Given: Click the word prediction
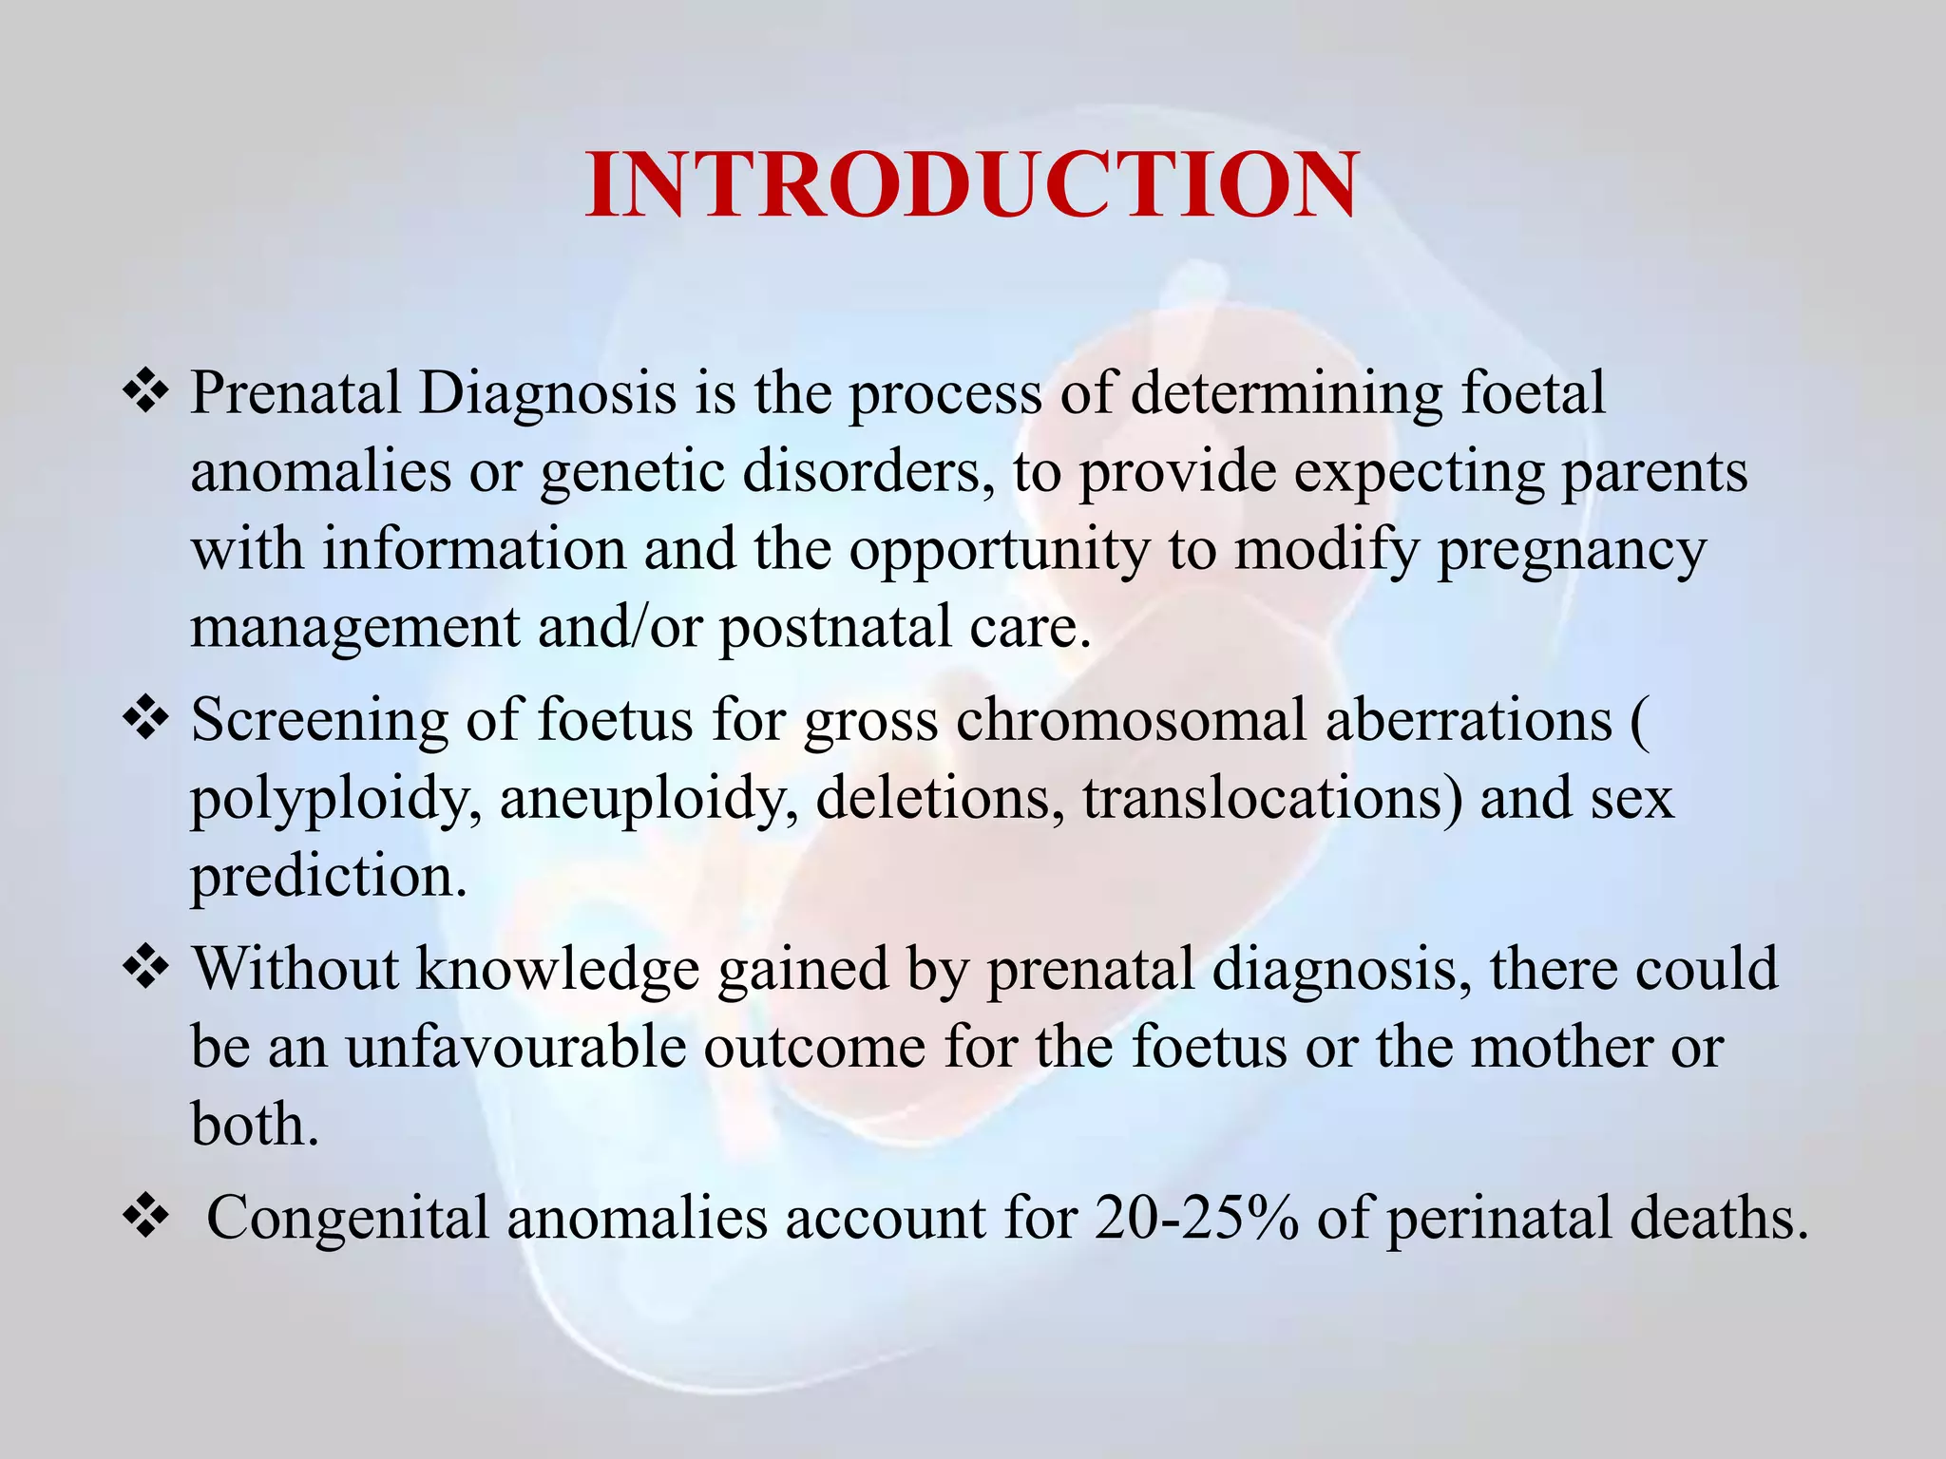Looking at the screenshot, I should tap(329, 877).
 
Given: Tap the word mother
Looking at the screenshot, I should tap(1558, 1048).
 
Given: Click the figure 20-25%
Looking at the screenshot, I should tap(1197, 1219).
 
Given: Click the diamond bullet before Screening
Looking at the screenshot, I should tap(146, 720).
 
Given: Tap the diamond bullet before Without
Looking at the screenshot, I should tap(146, 970).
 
